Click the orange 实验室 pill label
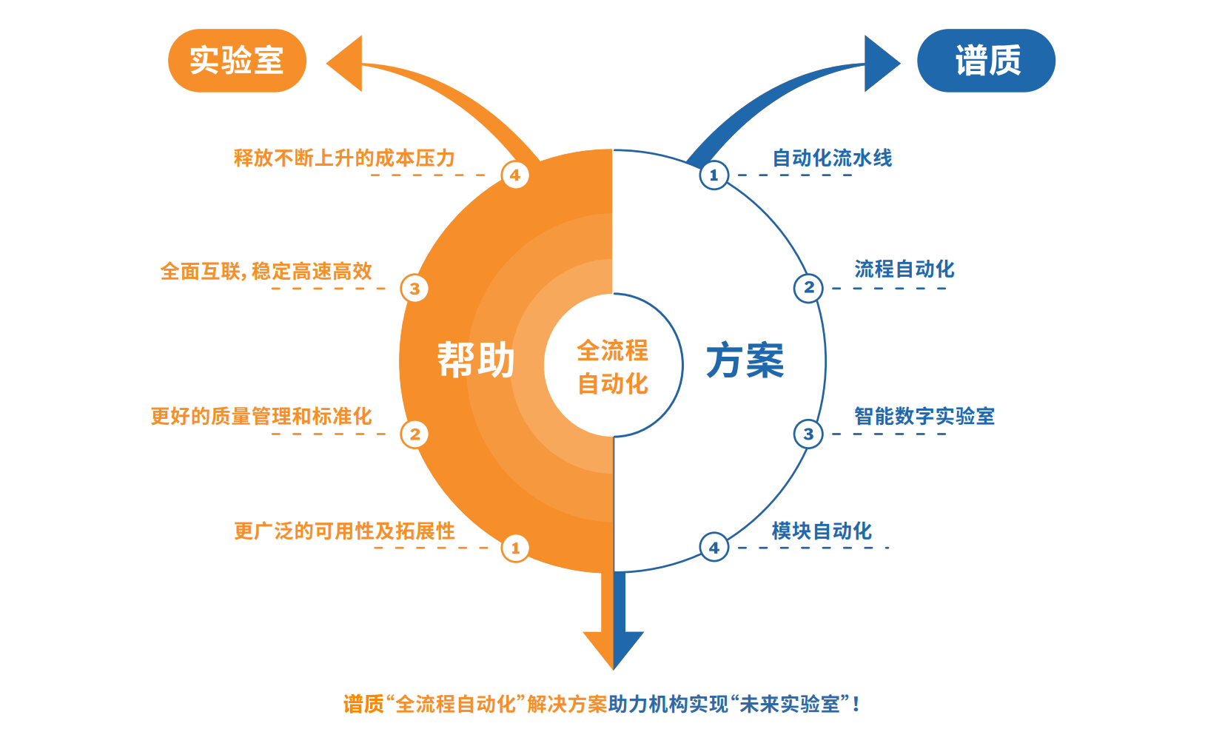pos(238,60)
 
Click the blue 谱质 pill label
pos(986,60)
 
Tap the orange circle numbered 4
pos(515,175)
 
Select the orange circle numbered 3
pos(414,289)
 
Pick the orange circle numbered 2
pos(414,434)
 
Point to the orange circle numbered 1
pos(515,548)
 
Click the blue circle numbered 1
pos(714,175)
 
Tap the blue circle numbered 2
pos(808,288)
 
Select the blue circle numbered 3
pos(808,434)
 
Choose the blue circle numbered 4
pos(714,548)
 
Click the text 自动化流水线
pos(832,158)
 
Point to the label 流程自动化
pos(904,269)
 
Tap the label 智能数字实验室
pos(924,416)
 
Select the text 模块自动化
pos(822,531)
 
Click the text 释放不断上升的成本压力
pos(344,158)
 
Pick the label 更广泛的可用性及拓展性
pos(344,531)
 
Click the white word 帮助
pos(475,360)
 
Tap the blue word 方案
pos(745,360)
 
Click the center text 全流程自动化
pos(613,367)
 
